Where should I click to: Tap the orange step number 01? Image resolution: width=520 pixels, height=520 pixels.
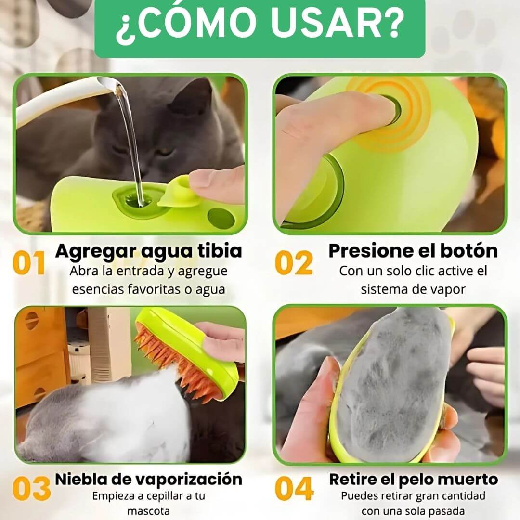[x=29, y=263]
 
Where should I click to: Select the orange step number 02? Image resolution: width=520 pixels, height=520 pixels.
[x=294, y=263]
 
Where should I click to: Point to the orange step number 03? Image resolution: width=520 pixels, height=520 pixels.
[x=31, y=489]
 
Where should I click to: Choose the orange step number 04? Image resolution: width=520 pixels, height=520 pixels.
[x=294, y=489]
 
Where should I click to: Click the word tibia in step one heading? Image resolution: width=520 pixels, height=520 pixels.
[x=220, y=251]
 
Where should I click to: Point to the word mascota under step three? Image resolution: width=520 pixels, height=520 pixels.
[x=148, y=511]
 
